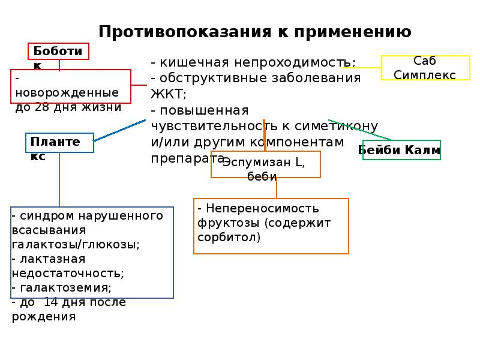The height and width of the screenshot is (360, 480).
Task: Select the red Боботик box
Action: tap(59, 52)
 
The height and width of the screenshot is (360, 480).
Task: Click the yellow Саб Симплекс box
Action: tap(425, 68)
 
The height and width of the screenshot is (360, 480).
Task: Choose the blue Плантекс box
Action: tap(59, 143)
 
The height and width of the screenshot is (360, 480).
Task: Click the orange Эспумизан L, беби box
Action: tap(265, 164)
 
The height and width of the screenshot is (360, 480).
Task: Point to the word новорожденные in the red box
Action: tap(67, 93)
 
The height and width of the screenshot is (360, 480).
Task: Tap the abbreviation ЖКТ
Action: tap(167, 94)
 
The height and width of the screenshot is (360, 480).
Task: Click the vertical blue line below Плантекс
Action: tap(59, 180)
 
